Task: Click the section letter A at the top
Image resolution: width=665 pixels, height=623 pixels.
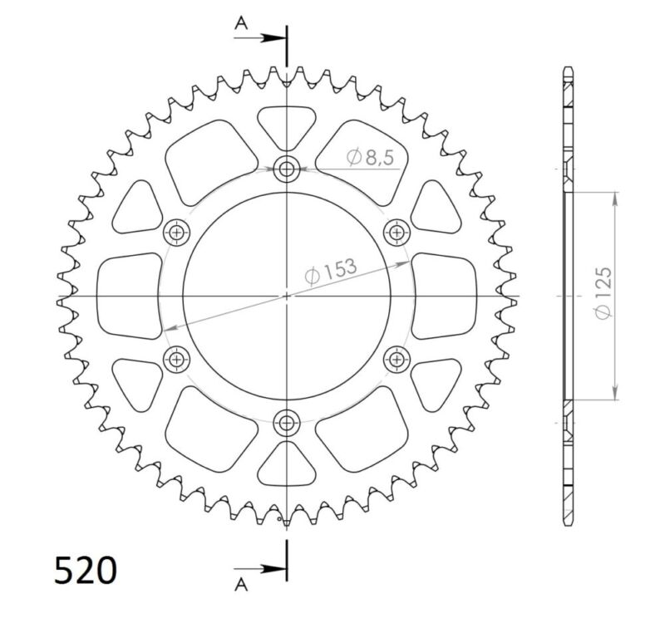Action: coord(241,24)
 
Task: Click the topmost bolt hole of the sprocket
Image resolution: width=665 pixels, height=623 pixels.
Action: coord(288,170)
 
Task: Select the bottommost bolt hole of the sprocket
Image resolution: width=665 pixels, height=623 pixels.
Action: coord(288,421)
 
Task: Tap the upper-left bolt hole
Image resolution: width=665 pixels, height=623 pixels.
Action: coord(178,233)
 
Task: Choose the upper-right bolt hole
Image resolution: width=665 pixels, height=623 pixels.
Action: coord(397,232)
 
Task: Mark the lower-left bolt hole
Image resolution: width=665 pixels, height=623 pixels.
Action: coord(178,359)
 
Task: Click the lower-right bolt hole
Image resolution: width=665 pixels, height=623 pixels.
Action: coord(397,359)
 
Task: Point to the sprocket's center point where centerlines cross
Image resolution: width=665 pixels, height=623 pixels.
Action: coord(288,296)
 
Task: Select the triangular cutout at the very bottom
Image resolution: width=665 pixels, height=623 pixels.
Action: coord(288,466)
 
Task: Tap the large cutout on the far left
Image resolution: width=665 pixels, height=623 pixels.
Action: coord(129,296)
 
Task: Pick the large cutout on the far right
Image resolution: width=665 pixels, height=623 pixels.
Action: coord(446,296)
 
